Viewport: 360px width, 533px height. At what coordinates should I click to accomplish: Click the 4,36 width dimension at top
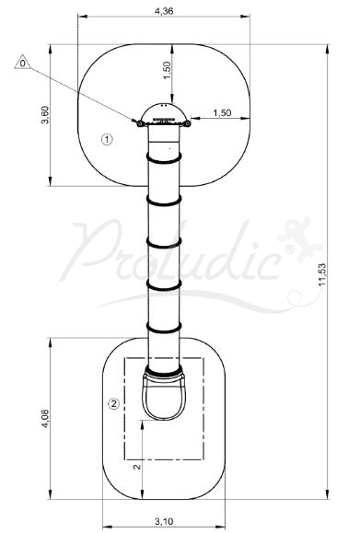[164, 11]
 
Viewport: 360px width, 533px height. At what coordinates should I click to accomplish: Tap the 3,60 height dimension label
[45, 115]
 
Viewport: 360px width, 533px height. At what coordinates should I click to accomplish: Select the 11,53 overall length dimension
[322, 274]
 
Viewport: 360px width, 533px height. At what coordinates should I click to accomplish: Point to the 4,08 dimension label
[45, 419]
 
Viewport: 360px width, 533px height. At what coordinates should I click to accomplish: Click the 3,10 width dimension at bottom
[164, 521]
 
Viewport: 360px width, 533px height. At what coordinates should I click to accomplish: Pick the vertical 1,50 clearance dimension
[167, 70]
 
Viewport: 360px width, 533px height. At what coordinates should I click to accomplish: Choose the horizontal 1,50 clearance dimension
[222, 112]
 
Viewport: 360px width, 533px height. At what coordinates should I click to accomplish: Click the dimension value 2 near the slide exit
[137, 467]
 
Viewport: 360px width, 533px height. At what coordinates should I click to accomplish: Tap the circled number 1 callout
[107, 139]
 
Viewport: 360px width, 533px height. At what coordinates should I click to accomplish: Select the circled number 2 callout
[114, 404]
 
